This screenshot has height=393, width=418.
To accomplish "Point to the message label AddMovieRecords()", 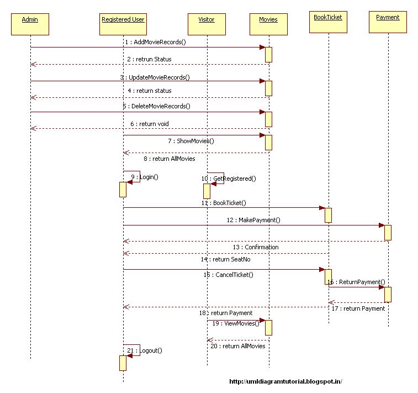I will click(x=160, y=42).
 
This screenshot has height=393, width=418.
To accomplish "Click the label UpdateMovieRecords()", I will click(x=159, y=77).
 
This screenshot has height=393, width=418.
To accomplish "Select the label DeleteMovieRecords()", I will click(x=160, y=106).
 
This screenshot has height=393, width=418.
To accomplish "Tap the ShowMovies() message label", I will click(x=195, y=141).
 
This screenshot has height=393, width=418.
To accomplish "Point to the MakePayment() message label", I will click(x=259, y=220).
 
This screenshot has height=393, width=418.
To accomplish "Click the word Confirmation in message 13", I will click(x=262, y=247).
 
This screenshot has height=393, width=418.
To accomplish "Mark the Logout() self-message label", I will click(x=151, y=350).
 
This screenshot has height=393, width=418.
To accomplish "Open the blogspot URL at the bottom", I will click(x=285, y=381).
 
